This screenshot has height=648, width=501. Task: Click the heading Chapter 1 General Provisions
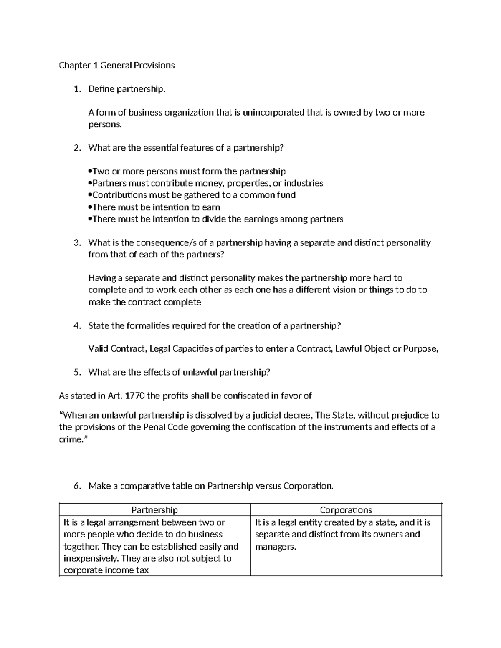[116, 66]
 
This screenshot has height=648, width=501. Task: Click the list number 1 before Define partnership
[76, 89]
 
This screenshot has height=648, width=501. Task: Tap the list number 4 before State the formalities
[76, 326]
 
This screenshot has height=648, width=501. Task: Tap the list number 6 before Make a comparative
[76, 486]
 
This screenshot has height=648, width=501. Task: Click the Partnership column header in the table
[154, 510]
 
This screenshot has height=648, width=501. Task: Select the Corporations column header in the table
[346, 510]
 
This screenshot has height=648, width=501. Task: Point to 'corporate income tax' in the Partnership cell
[106, 570]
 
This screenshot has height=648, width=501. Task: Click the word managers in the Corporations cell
[275, 547]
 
